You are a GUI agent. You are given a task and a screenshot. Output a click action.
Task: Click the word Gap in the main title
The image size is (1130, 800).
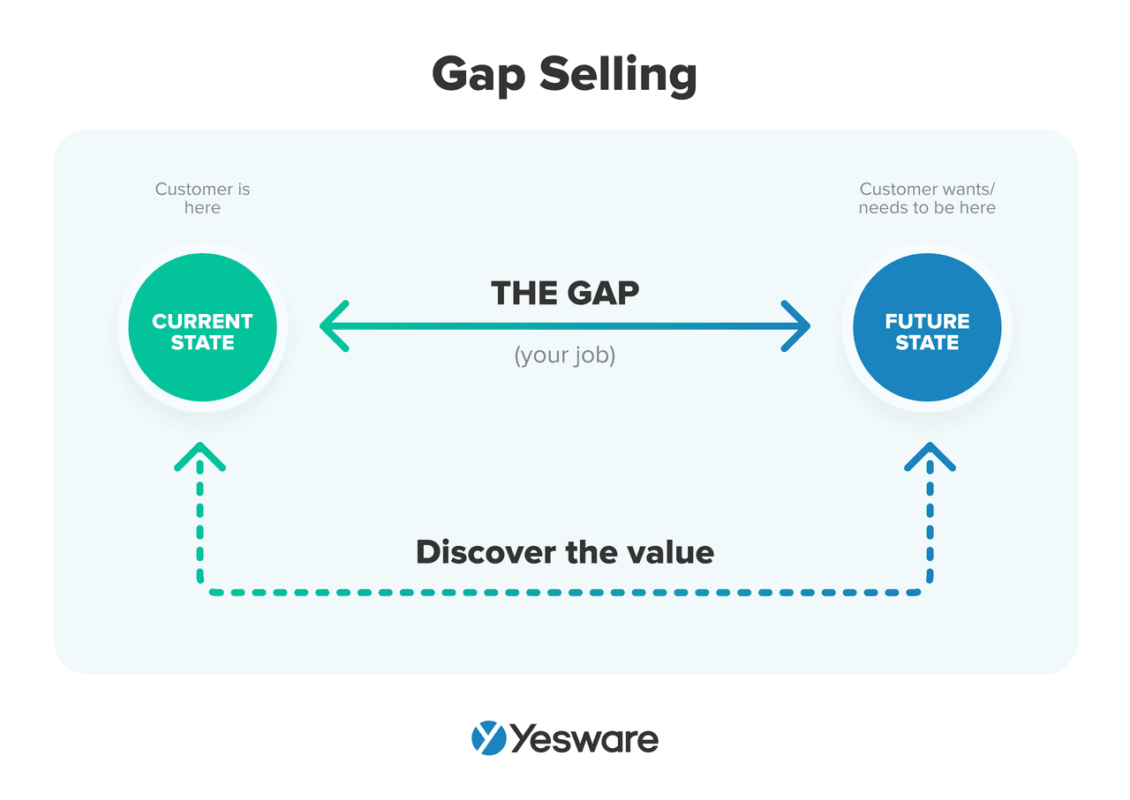[x=478, y=76]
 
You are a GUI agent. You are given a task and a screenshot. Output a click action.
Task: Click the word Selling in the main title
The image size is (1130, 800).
[x=619, y=75]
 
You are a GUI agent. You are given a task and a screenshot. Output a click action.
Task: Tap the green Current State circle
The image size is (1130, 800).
[x=202, y=327]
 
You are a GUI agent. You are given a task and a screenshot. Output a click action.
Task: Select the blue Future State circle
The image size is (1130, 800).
[x=927, y=327]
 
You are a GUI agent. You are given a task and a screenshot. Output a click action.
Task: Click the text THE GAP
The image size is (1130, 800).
[x=565, y=293]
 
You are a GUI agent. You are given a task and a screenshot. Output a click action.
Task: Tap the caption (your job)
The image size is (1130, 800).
[x=565, y=355]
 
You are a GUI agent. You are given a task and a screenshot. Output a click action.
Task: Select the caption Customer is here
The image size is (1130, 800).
[x=202, y=198]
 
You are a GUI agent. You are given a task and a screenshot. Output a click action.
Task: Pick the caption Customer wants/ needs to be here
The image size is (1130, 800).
[x=927, y=198]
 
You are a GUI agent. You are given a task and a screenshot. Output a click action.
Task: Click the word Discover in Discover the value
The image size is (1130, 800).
[x=486, y=552]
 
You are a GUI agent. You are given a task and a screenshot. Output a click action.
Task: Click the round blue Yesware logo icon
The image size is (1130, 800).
[x=489, y=738]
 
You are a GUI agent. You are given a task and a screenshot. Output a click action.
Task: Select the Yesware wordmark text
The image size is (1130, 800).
[x=584, y=739]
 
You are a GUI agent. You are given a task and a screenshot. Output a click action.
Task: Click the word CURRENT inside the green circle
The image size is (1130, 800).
[x=202, y=321]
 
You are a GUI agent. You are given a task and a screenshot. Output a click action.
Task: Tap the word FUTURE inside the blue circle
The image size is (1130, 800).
[x=927, y=321]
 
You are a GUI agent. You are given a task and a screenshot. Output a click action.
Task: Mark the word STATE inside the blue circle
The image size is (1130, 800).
[x=927, y=343]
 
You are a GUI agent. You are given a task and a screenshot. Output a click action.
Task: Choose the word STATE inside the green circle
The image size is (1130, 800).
[x=202, y=343]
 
